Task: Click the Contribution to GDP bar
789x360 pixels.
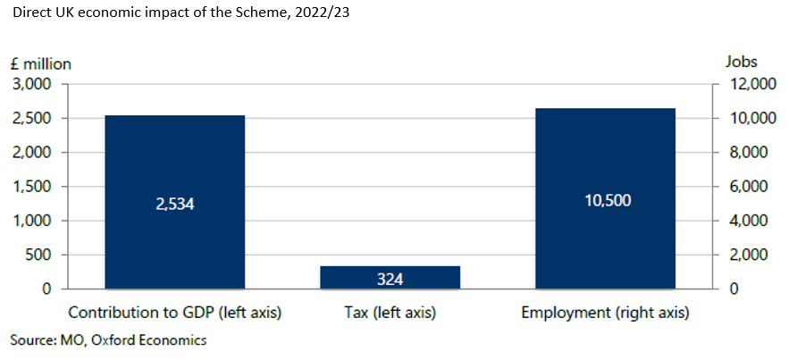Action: click(174, 202)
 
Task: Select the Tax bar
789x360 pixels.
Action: click(390, 278)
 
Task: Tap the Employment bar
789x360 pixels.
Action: click(605, 198)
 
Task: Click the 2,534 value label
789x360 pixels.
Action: click(174, 205)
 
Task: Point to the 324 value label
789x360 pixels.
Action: click(390, 279)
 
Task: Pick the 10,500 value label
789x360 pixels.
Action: click(605, 201)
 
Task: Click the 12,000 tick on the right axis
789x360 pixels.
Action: click(747, 85)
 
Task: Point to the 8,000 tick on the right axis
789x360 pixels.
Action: click(744, 153)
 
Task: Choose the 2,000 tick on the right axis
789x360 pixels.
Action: click(744, 255)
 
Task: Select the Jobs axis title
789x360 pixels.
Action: click(742, 62)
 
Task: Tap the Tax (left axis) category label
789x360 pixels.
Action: click(390, 313)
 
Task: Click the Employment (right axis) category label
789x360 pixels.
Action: click(605, 313)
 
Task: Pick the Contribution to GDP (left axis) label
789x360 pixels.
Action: click(174, 313)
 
